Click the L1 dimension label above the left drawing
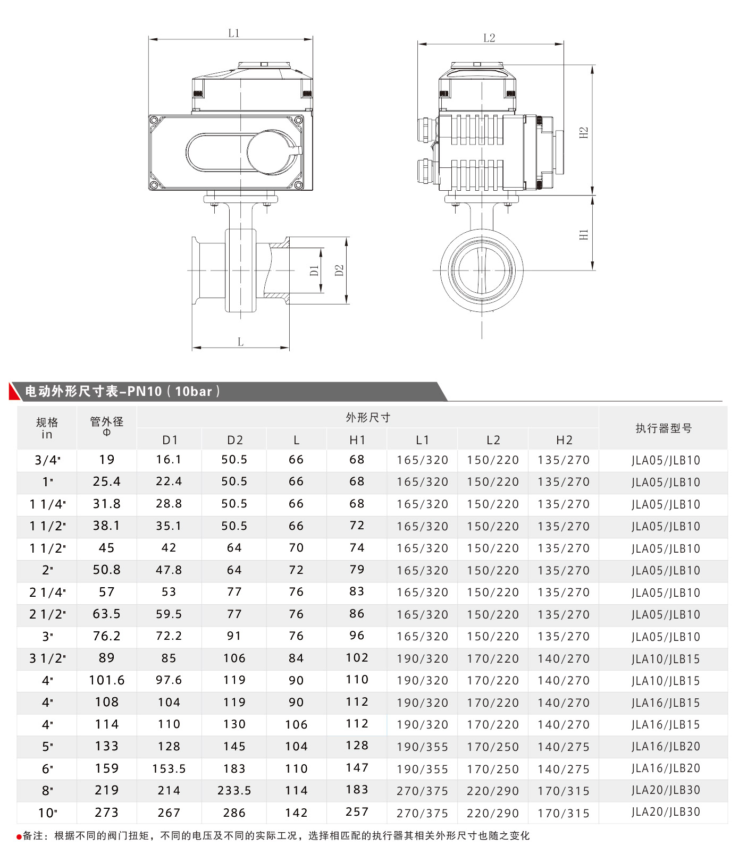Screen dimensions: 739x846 tap(234, 33)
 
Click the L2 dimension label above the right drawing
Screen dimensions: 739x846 tap(489, 38)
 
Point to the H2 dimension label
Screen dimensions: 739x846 tap(584, 132)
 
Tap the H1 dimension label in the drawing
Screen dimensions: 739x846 tap(584, 234)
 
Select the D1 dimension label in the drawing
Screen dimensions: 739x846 tap(314, 270)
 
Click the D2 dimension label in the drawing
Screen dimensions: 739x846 tap(339, 270)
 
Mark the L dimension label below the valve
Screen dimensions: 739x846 tap(241, 342)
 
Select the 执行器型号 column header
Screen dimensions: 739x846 tap(664, 428)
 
